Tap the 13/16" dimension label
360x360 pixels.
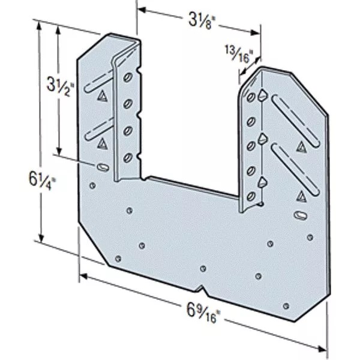(238, 54)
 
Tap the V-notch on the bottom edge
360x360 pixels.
(202, 289)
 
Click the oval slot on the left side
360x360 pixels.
(103, 167)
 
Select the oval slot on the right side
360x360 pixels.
(301, 215)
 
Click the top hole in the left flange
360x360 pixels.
(128, 77)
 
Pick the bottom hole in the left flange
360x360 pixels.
(127, 158)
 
